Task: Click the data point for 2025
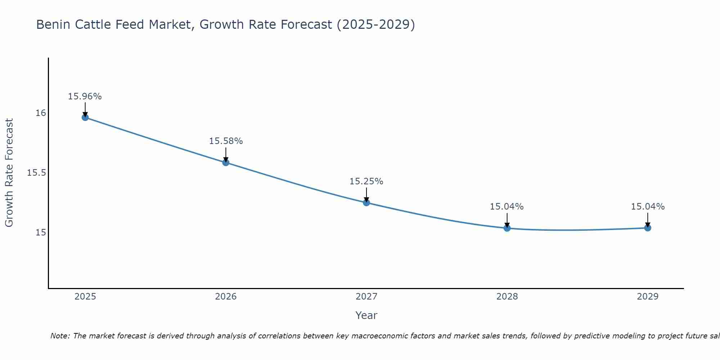point(85,117)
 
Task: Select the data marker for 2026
point(226,162)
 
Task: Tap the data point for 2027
point(366,203)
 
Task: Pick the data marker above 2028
point(507,228)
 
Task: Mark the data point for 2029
point(648,228)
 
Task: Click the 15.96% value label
point(85,96)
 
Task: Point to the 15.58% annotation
point(226,141)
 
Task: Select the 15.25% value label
point(366,181)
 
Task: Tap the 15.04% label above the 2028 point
point(507,207)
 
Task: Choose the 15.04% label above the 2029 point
point(648,207)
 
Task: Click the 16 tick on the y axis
point(41,113)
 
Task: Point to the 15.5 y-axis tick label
point(36,173)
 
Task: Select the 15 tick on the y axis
point(41,233)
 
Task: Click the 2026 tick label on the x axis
point(226,297)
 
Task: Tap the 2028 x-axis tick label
point(507,297)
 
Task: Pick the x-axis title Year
point(366,315)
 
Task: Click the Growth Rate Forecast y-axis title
point(9,173)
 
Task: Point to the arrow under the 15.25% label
point(366,195)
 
